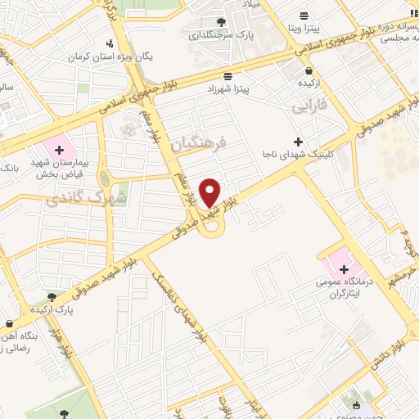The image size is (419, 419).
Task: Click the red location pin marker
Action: click(210, 192)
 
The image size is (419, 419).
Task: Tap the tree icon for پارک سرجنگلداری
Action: click(220, 22)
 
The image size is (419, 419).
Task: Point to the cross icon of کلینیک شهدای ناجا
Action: click(299, 142)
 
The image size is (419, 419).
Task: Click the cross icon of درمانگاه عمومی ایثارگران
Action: click(345, 269)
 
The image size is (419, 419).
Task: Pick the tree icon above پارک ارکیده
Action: click(53, 298)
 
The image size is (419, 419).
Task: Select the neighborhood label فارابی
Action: click(309, 106)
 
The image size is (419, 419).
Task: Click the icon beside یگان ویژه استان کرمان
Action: click(111, 43)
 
